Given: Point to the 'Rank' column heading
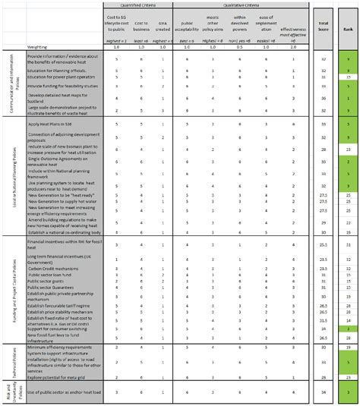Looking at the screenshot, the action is coord(347,30).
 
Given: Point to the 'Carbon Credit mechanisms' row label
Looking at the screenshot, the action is coord(54,269).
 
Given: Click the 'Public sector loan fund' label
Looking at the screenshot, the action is coord(52,275).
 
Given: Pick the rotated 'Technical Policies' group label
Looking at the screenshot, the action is coord(15,360).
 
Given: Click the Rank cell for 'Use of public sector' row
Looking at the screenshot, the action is coord(347,392).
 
